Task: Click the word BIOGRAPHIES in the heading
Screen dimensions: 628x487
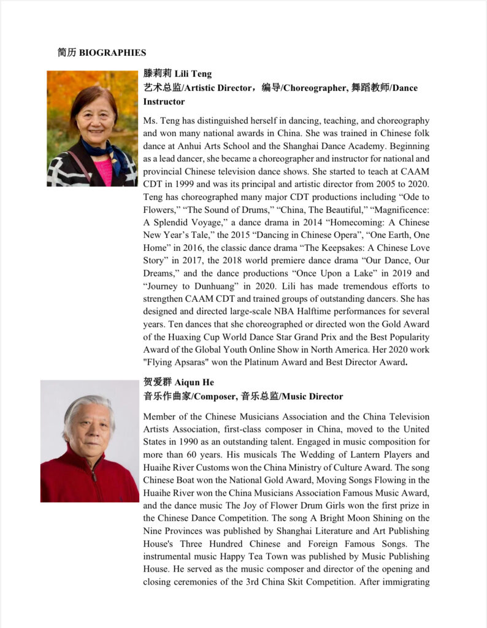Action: click(113, 53)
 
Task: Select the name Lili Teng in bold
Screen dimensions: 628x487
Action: click(193, 74)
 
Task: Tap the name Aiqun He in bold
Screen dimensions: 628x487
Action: click(194, 383)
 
